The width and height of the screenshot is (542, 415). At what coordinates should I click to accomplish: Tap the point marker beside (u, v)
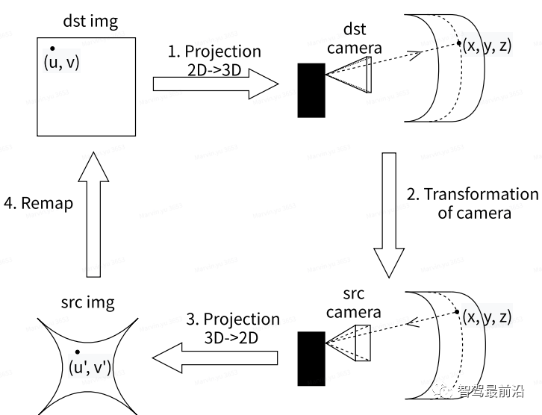pos(52,49)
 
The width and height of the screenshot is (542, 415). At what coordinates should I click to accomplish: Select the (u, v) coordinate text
pos(62,63)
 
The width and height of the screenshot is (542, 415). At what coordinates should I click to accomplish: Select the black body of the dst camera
pos(311,90)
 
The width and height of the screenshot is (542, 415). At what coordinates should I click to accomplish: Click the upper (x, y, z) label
pos(487,45)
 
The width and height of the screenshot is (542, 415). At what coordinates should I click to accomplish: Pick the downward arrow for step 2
pos(388,216)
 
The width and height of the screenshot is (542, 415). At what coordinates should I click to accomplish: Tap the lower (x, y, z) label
pos(487,316)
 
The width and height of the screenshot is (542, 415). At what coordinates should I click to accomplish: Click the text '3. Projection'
pos(233,319)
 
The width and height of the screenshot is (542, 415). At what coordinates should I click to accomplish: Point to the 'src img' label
pos(88,302)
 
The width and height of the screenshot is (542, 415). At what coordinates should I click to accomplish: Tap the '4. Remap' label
pos(37,203)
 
